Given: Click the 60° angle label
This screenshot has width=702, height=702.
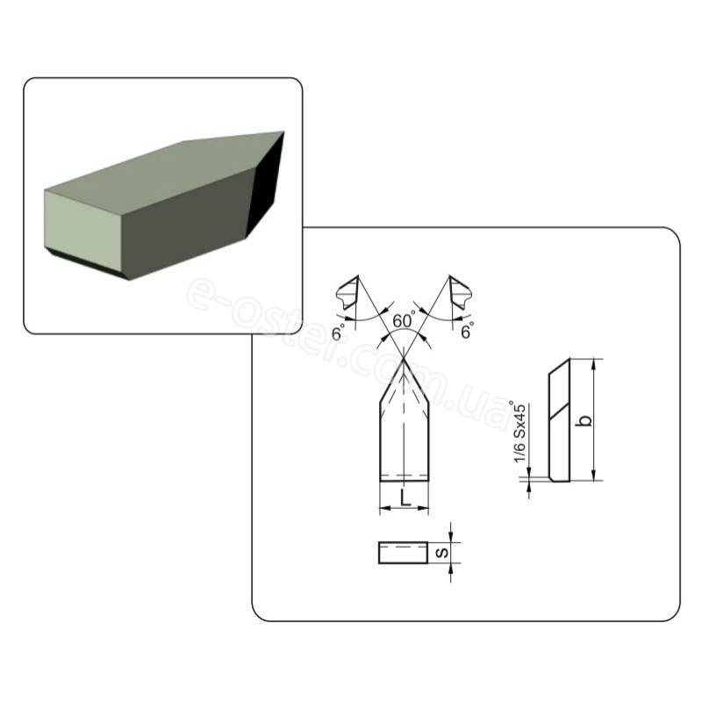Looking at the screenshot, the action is pyautogui.click(x=403, y=320).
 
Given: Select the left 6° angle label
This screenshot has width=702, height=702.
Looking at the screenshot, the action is pyautogui.click(x=339, y=333).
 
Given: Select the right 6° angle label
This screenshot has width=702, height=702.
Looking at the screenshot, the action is pyautogui.click(x=467, y=331).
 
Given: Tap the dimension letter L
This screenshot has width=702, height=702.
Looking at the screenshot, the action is pyautogui.click(x=405, y=498).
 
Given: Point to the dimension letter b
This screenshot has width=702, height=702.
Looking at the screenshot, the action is pyautogui.click(x=584, y=420).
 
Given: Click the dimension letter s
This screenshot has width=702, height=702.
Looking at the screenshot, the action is pyautogui.click(x=442, y=553).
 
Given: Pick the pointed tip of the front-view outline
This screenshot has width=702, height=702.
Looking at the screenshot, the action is pyautogui.click(x=405, y=358).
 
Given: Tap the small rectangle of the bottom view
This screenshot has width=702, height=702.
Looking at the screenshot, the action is pyautogui.click(x=404, y=553).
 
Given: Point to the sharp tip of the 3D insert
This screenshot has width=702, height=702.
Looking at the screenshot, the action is pyautogui.click(x=283, y=132).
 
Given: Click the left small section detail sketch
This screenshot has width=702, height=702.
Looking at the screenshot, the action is pyautogui.click(x=348, y=293).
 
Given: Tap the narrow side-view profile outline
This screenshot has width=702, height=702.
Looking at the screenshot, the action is pyautogui.click(x=560, y=420).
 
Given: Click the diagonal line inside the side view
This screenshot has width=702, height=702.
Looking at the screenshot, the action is pyautogui.click(x=560, y=411).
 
